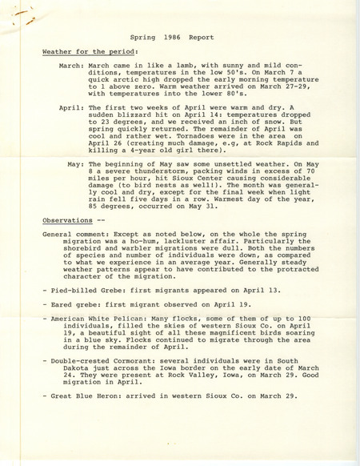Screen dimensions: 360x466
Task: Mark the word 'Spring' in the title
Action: (144, 37)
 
